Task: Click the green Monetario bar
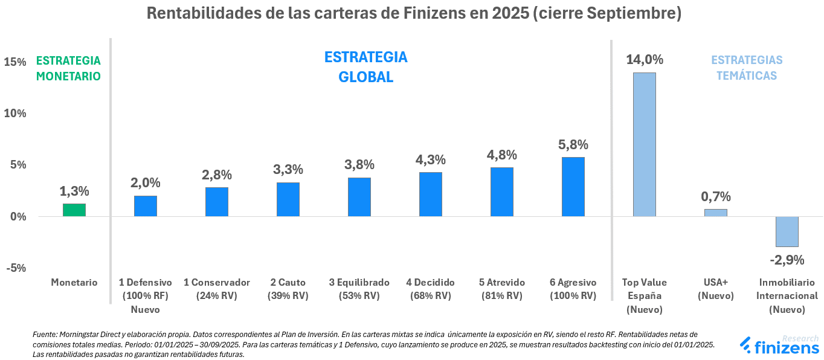(x=74, y=210)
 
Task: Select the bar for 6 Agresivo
(x=573, y=187)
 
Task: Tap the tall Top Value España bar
(x=645, y=144)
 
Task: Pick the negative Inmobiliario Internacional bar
(x=787, y=231)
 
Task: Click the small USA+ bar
(x=716, y=213)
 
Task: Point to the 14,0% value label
(x=645, y=60)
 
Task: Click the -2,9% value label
(x=787, y=260)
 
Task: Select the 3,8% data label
(x=359, y=164)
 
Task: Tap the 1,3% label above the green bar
(x=74, y=191)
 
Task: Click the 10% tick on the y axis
(x=16, y=114)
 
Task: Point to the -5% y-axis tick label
(x=16, y=268)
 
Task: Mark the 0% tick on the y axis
(x=18, y=217)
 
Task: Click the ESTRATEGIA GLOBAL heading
(x=365, y=67)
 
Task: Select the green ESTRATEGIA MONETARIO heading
(x=68, y=68)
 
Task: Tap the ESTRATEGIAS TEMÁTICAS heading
(x=747, y=68)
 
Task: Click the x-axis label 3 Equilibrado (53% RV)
(x=359, y=289)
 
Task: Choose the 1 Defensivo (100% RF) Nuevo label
(x=146, y=296)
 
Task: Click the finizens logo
(x=779, y=346)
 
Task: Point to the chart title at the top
(x=414, y=13)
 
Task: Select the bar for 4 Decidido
(x=431, y=194)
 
